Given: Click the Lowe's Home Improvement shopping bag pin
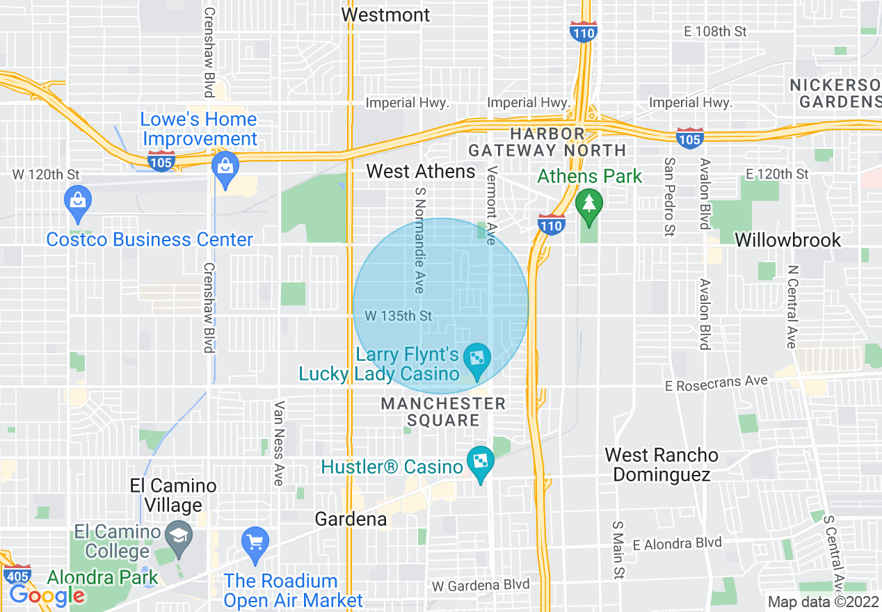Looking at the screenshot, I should (x=225, y=168).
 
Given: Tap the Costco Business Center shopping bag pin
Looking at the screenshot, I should (x=78, y=201).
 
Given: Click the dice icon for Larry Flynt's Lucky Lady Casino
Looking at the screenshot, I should (x=478, y=360).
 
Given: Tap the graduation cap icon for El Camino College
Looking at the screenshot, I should (x=180, y=536).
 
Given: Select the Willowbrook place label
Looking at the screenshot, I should (x=788, y=240).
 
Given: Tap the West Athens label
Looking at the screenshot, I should (x=421, y=171).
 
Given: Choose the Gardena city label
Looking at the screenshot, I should (x=351, y=519).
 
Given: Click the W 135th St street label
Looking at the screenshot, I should (x=398, y=316).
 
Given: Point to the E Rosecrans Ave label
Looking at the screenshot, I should (x=716, y=383).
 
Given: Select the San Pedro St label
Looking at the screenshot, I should (x=669, y=197).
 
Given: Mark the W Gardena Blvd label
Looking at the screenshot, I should (x=481, y=585).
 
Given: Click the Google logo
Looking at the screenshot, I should (x=47, y=595).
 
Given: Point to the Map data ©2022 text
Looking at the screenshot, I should (x=824, y=602).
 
